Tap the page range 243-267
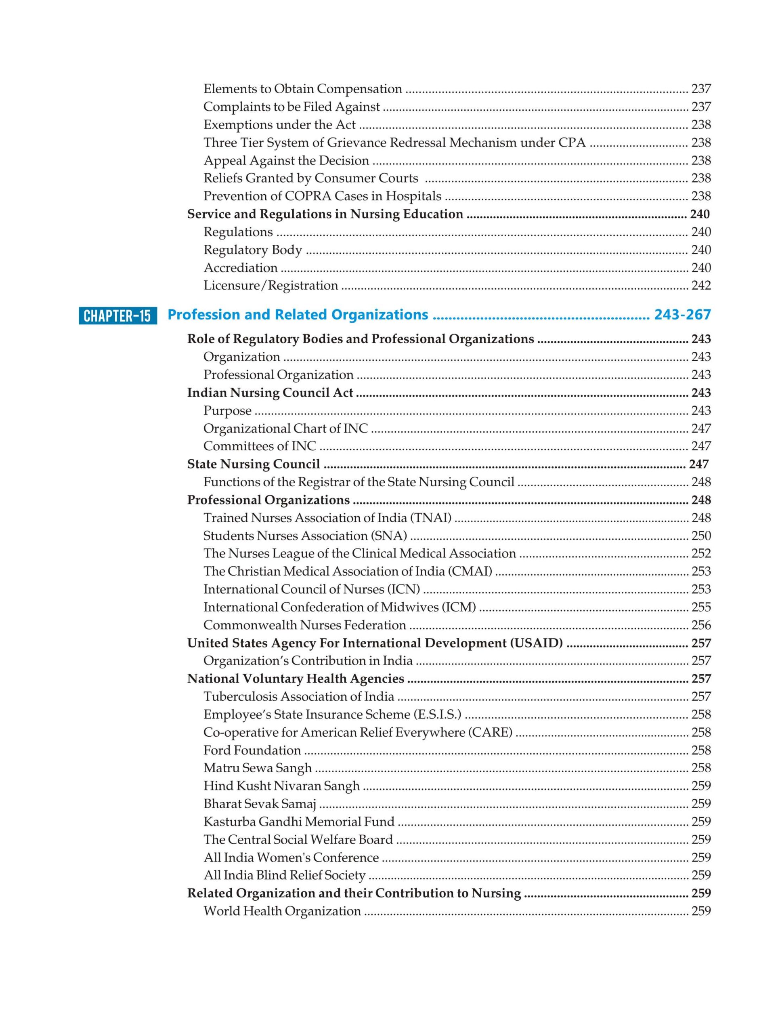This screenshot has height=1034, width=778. coord(682,315)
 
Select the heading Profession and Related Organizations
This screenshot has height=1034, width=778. coord(298,315)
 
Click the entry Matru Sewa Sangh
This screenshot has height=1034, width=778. coord(258,768)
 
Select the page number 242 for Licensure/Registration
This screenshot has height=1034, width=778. coord(701,285)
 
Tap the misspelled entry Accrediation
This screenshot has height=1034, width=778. coord(240,267)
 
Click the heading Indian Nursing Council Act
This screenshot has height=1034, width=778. coord(270,392)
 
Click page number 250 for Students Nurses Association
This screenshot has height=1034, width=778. coord(701,535)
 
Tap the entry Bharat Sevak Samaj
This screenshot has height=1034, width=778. coord(260,803)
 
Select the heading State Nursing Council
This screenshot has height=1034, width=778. coord(253,464)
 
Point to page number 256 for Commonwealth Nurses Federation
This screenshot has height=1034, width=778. coord(701,625)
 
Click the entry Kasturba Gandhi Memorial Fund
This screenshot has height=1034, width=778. coord(299,821)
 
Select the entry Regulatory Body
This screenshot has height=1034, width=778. coord(253,250)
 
